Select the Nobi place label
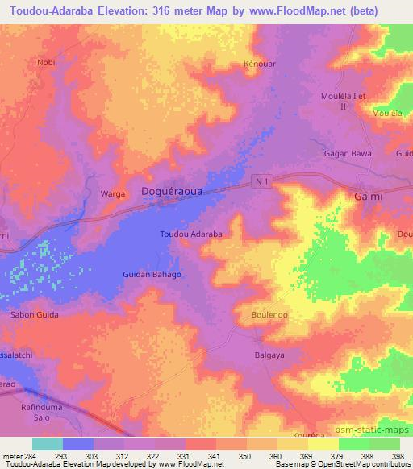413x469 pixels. pyautogui.click(x=46, y=61)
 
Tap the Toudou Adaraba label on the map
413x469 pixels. pyautogui.click(x=191, y=234)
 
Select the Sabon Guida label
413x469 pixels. pyautogui.click(x=35, y=314)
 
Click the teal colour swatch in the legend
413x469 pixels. pyautogui.click(x=47, y=444)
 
